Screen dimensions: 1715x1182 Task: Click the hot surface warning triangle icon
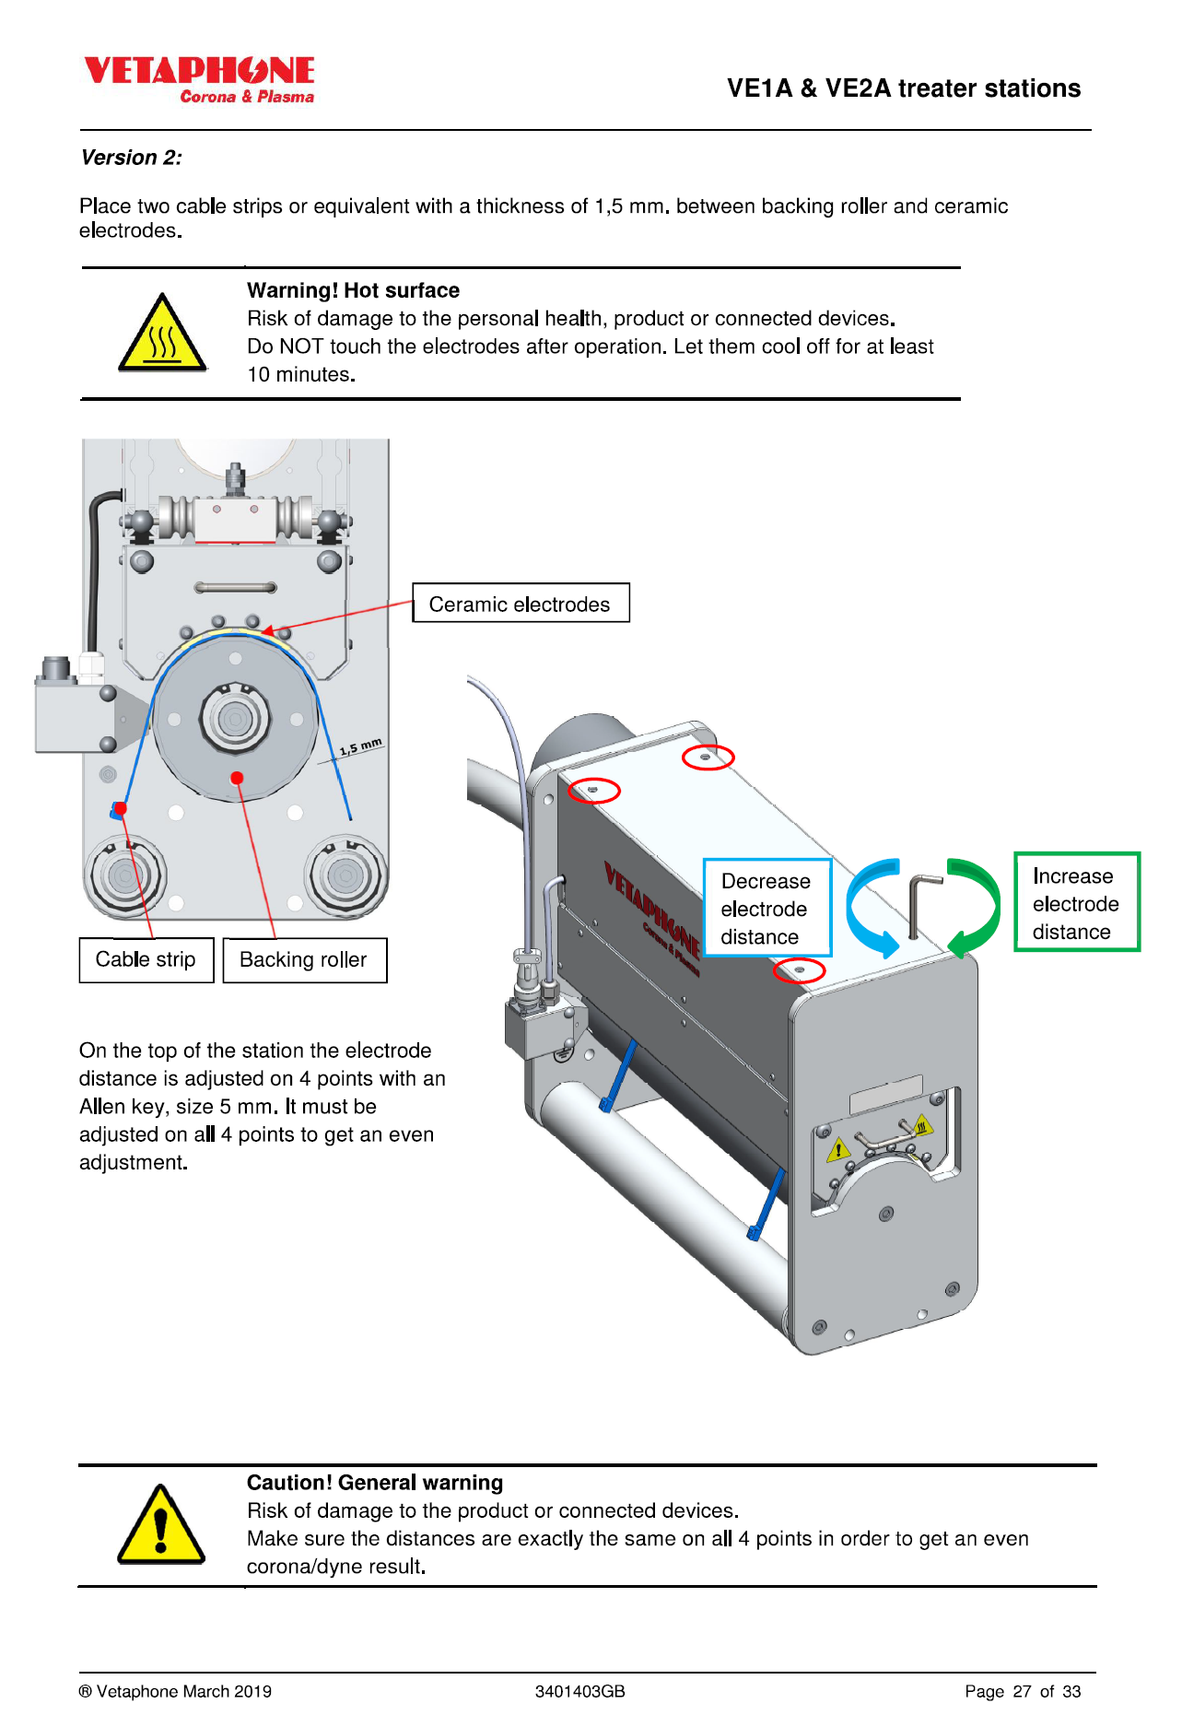(162, 335)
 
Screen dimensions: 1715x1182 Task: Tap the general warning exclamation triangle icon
(161, 1525)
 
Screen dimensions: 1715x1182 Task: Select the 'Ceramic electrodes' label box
(521, 604)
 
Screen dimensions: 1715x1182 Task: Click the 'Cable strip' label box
(146, 960)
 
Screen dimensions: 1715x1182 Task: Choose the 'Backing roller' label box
(304, 960)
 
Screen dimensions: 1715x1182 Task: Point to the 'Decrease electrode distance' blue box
(767, 909)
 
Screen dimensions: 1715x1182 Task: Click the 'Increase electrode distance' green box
(1076, 903)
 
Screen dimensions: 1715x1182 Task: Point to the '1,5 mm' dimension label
(360, 746)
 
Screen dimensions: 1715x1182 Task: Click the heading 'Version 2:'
(132, 158)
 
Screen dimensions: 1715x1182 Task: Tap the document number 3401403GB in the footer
(579, 1691)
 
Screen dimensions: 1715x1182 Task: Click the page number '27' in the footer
(1022, 1691)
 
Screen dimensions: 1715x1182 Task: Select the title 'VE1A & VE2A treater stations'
(903, 88)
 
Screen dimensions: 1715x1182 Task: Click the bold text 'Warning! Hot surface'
(353, 290)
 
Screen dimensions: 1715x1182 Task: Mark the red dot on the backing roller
(237, 778)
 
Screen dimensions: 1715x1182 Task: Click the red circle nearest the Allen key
(799, 970)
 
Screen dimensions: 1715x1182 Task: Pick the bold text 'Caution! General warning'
(374, 1483)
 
